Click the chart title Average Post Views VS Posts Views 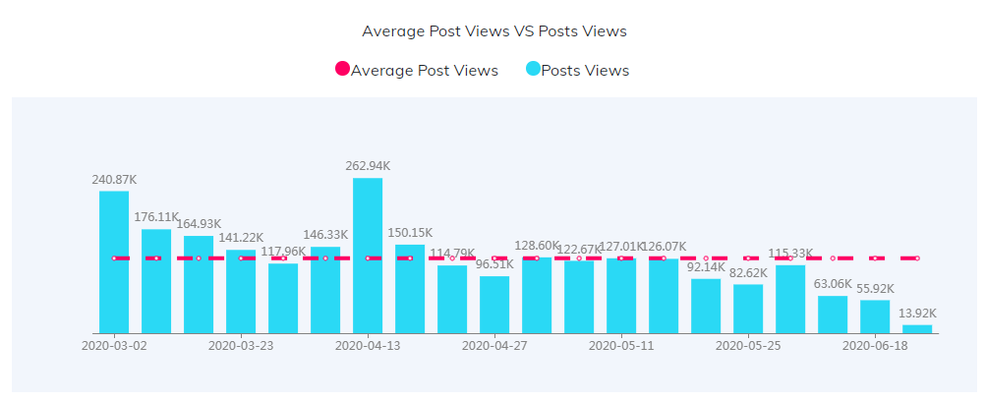pos(493,31)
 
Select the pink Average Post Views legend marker pos(342,70)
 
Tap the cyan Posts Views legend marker pos(533,70)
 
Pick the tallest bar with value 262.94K pos(368,256)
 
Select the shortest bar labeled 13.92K pos(917,329)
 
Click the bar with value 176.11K pos(156,281)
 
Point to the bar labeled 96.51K pos(494,305)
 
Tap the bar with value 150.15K pos(410,289)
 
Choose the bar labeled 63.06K pos(833,315)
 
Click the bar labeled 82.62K pos(748,309)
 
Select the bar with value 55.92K pos(875,316)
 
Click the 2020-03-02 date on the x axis pos(114,346)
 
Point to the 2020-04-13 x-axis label pos(368,346)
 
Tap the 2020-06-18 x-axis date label pos(875,346)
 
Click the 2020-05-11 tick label pos(621,346)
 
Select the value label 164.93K pos(199,224)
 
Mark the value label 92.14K pos(706,266)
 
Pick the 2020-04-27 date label pos(494,346)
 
